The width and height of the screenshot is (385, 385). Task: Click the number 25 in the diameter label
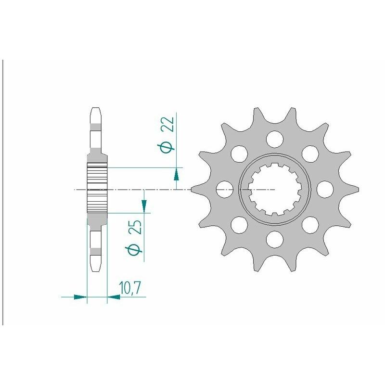[x=136, y=227]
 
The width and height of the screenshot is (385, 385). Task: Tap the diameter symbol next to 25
[x=136, y=250]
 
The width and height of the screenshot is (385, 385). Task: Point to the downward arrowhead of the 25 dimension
[x=144, y=206]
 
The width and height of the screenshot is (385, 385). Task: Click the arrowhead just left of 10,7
[x=114, y=297]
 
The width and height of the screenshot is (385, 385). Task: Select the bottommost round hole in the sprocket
[x=275, y=238]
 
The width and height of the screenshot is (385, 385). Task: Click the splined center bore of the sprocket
[x=275, y=189]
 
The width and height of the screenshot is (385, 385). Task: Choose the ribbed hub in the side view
[x=96, y=189]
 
